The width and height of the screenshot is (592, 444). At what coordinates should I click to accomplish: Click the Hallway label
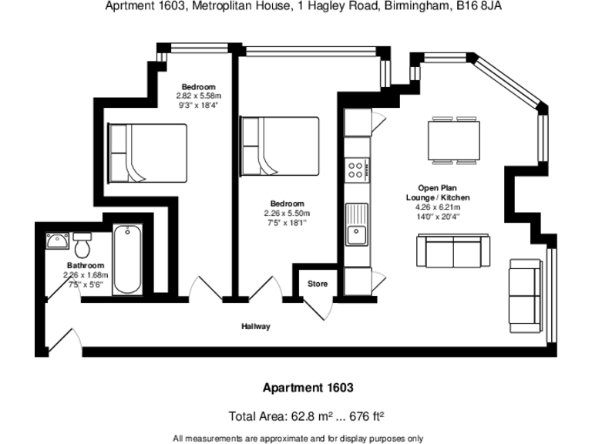click(x=257, y=327)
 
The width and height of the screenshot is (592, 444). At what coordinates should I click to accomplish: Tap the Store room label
click(x=318, y=284)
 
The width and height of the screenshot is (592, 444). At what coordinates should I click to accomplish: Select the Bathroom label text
click(x=84, y=265)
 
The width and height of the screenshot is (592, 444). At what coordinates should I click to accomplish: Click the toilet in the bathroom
click(x=83, y=246)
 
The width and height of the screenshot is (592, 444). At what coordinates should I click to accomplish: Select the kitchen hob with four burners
click(x=358, y=170)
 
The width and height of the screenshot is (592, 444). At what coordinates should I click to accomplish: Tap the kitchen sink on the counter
click(x=358, y=224)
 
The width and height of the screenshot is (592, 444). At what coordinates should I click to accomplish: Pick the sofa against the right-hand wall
click(x=526, y=295)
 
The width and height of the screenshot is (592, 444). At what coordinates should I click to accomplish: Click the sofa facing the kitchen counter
click(x=452, y=251)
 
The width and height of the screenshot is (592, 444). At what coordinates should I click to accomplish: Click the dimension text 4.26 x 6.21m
click(x=438, y=207)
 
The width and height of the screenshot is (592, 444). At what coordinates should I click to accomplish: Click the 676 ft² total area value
click(x=366, y=416)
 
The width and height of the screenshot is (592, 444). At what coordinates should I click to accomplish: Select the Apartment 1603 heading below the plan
click(x=308, y=388)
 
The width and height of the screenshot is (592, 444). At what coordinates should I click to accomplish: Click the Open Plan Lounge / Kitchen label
click(x=438, y=193)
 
